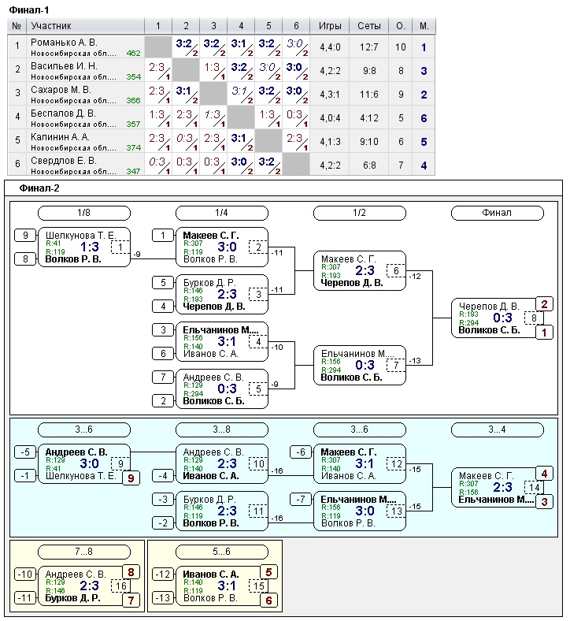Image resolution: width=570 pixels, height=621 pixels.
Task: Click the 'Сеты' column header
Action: [x=369, y=26]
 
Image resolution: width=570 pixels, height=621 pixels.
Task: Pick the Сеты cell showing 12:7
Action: [x=369, y=47]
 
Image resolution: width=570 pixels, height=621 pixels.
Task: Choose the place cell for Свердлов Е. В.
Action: [x=424, y=165]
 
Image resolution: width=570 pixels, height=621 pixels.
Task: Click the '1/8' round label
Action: [x=84, y=213]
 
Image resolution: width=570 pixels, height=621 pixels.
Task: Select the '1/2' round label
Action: [x=359, y=213]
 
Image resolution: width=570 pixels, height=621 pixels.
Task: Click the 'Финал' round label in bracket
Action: [x=497, y=213]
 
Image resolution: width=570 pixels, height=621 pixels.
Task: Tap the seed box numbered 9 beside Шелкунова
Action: [x=25, y=235]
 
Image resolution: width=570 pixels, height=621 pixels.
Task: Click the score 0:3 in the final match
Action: [x=503, y=318]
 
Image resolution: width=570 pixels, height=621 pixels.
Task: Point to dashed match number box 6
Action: [x=396, y=271]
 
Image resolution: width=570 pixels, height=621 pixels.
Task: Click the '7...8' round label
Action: [x=84, y=552]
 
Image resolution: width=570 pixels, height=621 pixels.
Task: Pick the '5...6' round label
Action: [x=222, y=552]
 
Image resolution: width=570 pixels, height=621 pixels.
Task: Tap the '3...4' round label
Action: [x=497, y=429]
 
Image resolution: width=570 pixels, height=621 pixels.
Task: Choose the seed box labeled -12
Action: [x=163, y=574]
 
